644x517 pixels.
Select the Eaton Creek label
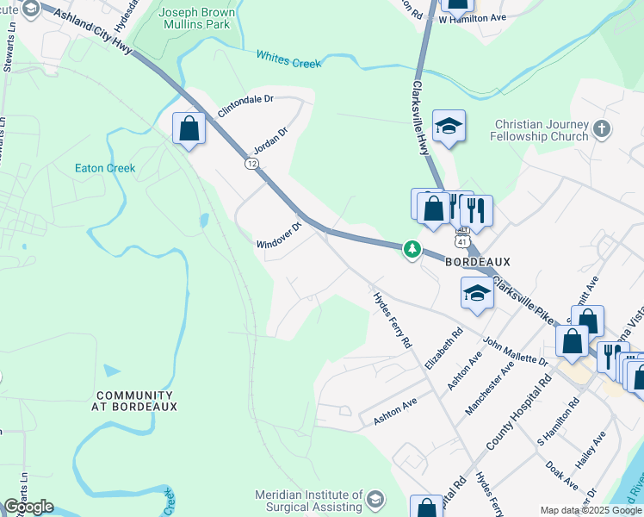point(105,168)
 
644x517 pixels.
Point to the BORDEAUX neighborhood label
point(478,261)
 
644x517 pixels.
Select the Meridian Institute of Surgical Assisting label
point(309,501)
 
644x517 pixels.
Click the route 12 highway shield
point(251,163)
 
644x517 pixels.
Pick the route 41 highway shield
point(462,242)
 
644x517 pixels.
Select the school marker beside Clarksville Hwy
point(449,127)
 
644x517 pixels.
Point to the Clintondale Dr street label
point(245,105)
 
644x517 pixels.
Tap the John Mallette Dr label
point(515,351)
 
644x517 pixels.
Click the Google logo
point(28,508)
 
